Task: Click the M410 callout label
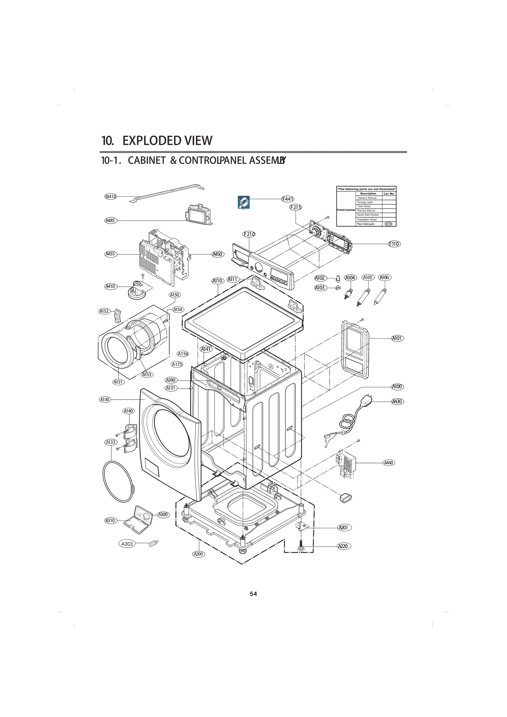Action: [x=111, y=196]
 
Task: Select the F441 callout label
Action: [x=288, y=199]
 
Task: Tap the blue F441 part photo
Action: [x=244, y=202]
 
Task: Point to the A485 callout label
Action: [x=110, y=221]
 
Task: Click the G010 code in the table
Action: [x=388, y=224]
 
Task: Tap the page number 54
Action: [x=253, y=594]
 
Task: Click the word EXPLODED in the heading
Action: [x=152, y=141]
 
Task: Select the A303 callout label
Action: [x=127, y=544]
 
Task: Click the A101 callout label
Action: [x=397, y=338]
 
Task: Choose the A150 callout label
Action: [x=174, y=295]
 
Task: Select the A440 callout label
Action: [x=388, y=463]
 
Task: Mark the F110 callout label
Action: [x=394, y=244]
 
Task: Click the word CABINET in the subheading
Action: [x=146, y=161]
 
